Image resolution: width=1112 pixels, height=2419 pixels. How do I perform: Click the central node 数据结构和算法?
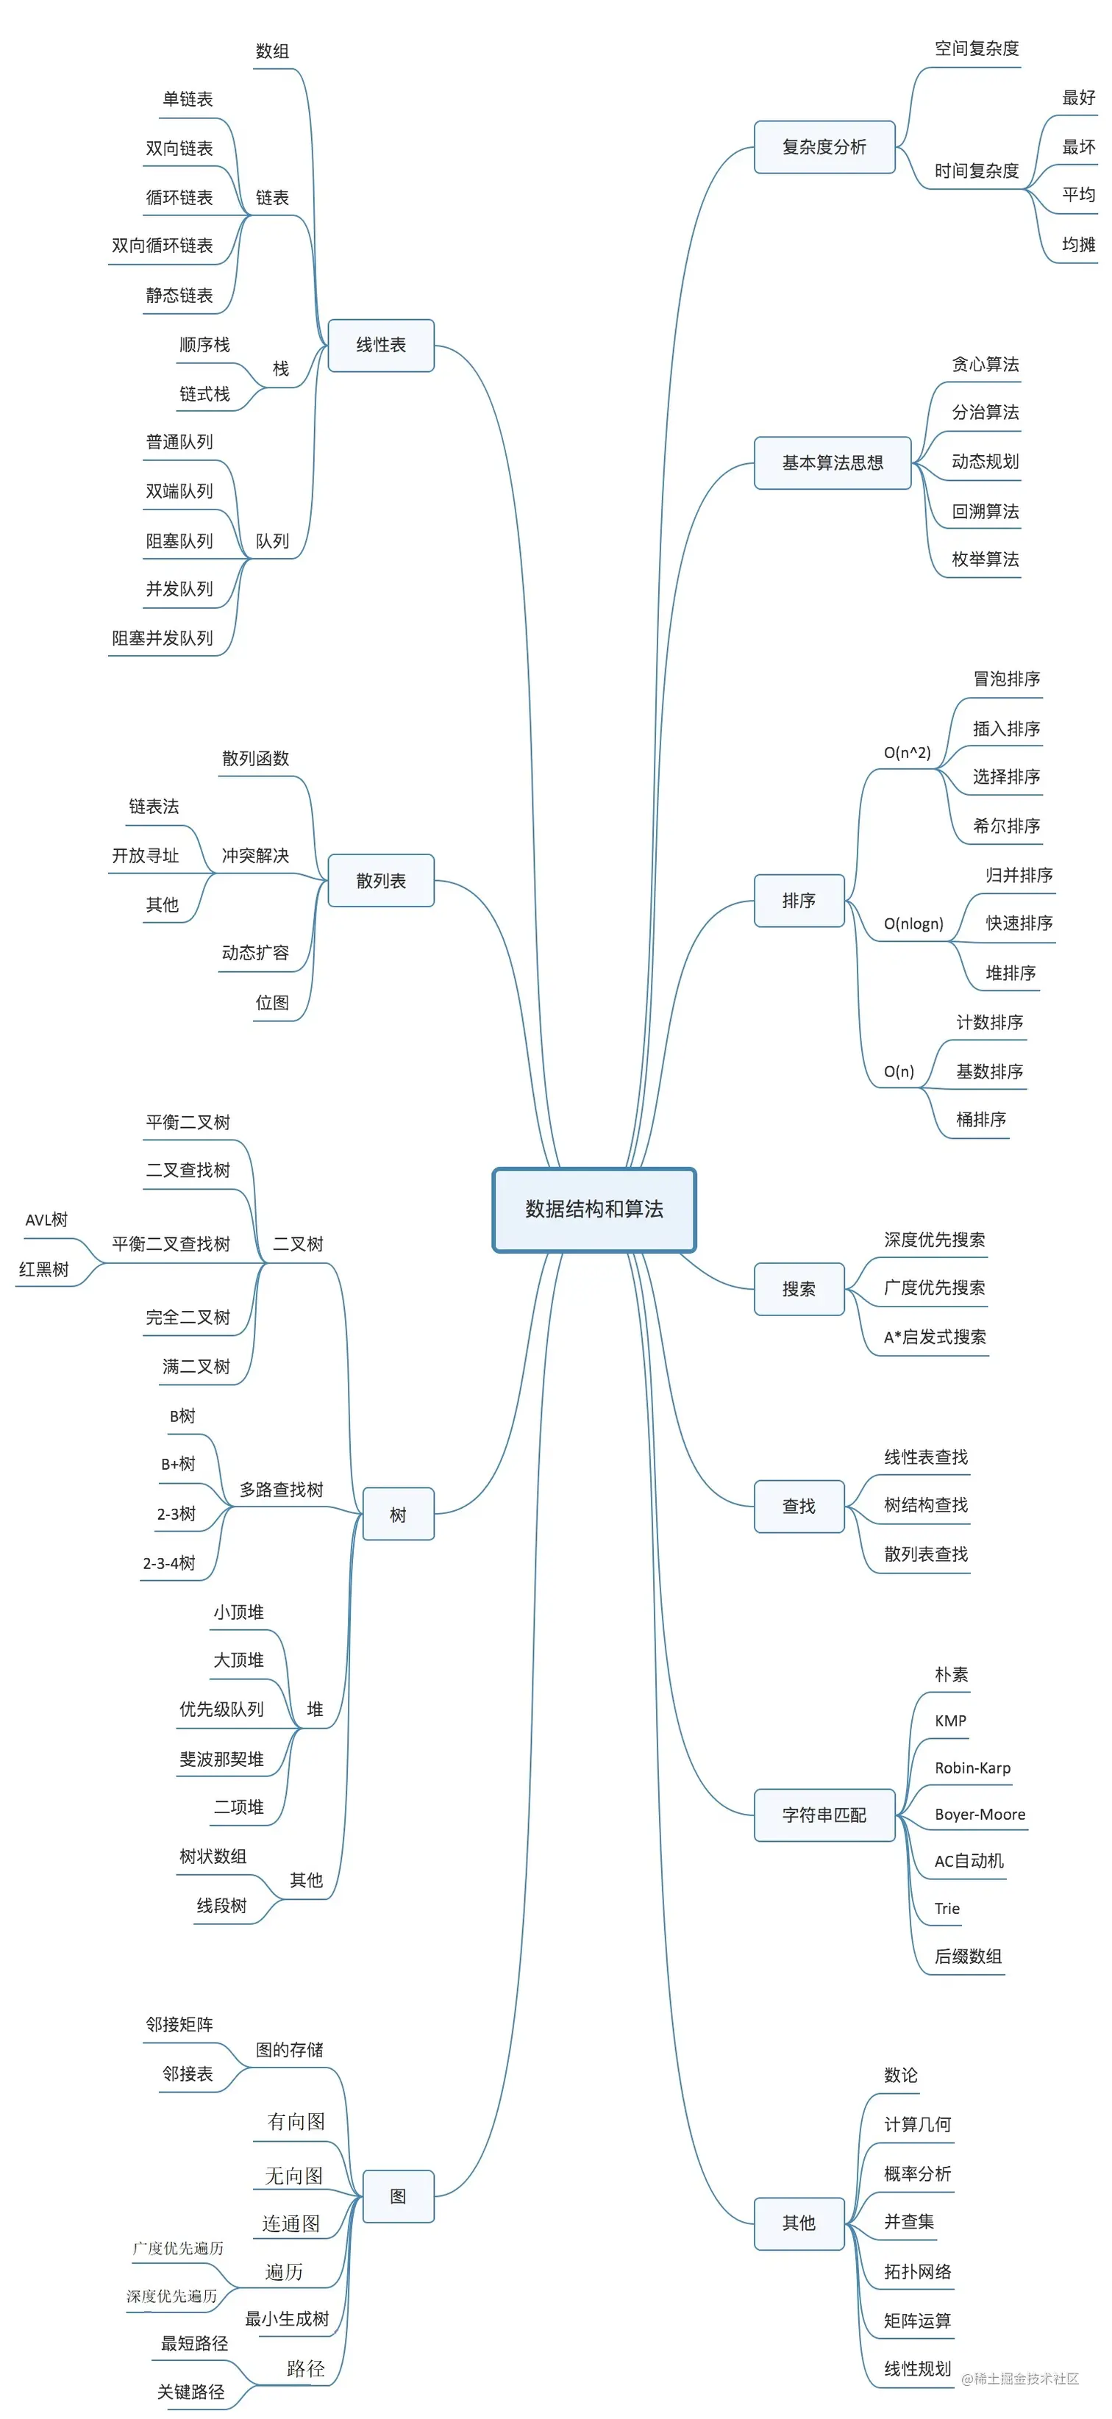594,1209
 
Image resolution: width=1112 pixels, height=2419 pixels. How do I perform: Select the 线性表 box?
380,346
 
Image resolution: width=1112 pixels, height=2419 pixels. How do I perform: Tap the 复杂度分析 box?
824,148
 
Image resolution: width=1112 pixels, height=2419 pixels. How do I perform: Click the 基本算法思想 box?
832,463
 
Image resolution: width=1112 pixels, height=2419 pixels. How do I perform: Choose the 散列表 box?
380,881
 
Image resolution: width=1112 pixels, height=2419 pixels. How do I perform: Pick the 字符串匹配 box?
824,1815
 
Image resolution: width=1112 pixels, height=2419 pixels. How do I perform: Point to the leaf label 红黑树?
44,1270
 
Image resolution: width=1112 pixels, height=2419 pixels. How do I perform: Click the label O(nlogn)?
913,924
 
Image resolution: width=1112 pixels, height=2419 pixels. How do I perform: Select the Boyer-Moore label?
980,1815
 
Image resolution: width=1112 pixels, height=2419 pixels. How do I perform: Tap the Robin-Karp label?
972,1768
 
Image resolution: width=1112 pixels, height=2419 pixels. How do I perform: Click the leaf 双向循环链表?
163,246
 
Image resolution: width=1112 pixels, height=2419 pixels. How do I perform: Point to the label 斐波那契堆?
221,1759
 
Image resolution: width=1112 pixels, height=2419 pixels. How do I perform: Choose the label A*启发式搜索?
935,1337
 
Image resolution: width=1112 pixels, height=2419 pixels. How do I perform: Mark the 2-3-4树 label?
169,1563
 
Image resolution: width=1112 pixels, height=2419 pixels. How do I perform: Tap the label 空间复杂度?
976,49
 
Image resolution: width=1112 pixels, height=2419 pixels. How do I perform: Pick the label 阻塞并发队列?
163,638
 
